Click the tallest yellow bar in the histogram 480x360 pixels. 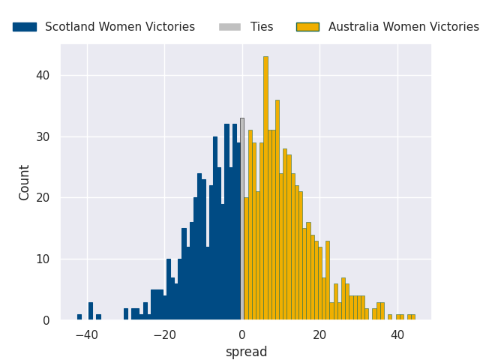265,188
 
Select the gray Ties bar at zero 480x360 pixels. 242,219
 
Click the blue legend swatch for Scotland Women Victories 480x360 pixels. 25,27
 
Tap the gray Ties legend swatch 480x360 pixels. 230,27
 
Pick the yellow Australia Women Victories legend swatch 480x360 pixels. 308,27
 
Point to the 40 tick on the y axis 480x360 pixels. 43,75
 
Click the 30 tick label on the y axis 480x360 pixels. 43,136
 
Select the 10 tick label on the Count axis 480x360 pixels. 43,259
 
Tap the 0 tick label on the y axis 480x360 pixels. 46,320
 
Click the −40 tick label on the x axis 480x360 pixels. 87,335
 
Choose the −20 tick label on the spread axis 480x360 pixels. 165,335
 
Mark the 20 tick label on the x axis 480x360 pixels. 320,335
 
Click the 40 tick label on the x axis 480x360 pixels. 397,335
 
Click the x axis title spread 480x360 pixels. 247,352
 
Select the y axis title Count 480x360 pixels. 23,183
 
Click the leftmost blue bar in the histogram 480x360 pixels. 79,317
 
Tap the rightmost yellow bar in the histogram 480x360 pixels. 413,317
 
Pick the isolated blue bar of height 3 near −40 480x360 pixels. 91,311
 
